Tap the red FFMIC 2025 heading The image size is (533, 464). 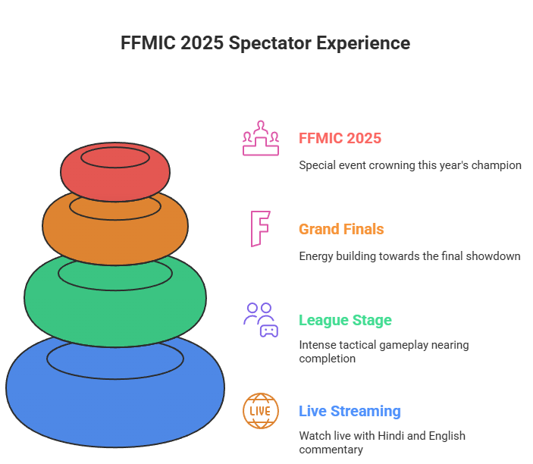(x=340, y=138)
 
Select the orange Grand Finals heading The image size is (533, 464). (x=341, y=229)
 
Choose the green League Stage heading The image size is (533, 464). (x=345, y=320)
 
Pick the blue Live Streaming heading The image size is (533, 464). (x=350, y=411)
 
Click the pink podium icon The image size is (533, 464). (x=260, y=138)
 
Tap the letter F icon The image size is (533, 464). (x=260, y=229)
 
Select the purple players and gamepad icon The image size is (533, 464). (x=260, y=320)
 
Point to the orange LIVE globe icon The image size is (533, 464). (x=260, y=411)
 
